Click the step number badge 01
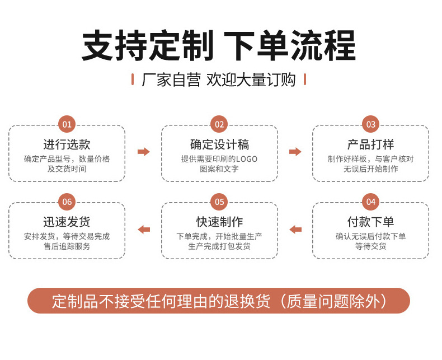[67, 124]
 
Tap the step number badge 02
[219, 124]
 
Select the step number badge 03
[370, 124]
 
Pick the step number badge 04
[370, 202]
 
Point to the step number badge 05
[219, 202]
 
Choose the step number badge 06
[67, 202]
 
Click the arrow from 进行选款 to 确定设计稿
[144, 152]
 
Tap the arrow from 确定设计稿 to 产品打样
[295, 152]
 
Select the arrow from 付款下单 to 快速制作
[295, 229]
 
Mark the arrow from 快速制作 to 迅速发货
[144, 229]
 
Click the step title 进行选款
[67, 144]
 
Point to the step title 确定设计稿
[219, 144]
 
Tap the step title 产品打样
[370, 144]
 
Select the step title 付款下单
[370, 222]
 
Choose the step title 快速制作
[219, 222]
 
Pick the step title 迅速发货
[67, 222]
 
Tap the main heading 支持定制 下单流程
[219, 46]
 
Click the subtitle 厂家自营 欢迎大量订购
[219, 80]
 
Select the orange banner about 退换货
[219, 301]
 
